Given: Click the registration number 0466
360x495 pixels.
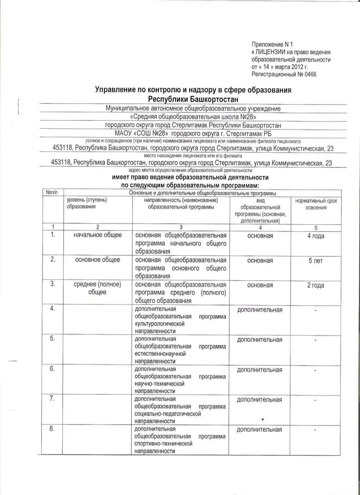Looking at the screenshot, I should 311,74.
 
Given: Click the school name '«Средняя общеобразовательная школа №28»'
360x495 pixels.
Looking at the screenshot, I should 193,117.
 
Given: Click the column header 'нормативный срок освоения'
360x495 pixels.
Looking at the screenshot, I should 316,204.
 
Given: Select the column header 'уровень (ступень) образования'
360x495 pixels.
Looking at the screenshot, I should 87,203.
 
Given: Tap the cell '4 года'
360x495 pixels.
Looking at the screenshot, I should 316,236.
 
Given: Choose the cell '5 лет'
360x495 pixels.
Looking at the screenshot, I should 316,261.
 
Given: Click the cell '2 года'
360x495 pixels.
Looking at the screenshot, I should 316,286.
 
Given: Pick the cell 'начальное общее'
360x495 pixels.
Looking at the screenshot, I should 97,235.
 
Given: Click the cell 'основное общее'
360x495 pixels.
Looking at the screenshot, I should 97,260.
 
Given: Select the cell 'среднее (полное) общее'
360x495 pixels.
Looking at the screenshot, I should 97,288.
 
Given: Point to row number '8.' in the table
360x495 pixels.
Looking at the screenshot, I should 52,429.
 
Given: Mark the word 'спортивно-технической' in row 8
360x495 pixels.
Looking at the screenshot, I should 163,444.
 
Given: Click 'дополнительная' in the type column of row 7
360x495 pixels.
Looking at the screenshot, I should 259,400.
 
